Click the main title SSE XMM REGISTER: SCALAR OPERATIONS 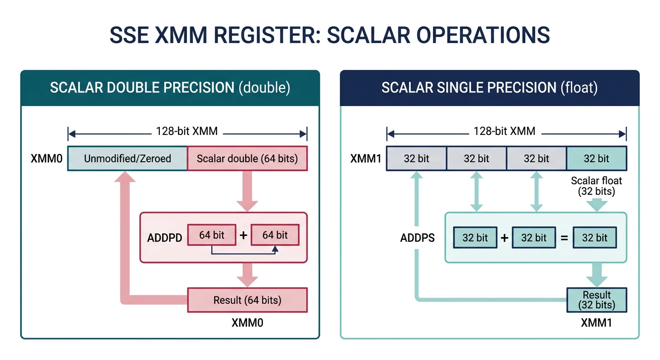pyautogui.click(x=330, y=36)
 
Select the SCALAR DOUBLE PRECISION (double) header pyautogui.click(x=170, y=88)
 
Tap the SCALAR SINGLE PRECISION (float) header pyautogui.click(x=489, y=88)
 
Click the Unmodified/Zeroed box pyautogui.click(x=127, y=158)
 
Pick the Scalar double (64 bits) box pyautogui.click(x=247, y=158)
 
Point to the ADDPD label pyautogui.click(x=165, y=238)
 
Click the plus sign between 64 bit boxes pyautogui.click(x=243, y=235)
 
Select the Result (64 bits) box pyautogui.click(x=247, y=300)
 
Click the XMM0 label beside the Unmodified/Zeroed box pyautogui.click(x=46, y=158)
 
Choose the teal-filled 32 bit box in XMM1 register pyautogui.click(x=596, y=158)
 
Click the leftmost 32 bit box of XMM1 pyautogui.click(x=416, y=158)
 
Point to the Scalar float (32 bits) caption pyautogui.click(x=596, y=186)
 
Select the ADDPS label pyautogui.click(x=417, y=238)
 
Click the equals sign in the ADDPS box pyautogui.click(x=564, y=238)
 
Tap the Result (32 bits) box pyautogui.click(x=596, y=300)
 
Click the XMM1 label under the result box pyautogui.click(x=596, y=323)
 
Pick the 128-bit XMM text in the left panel pyautogui.click(x=187, y=131)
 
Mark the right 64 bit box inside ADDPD pyautogui.click(x=275, y=235)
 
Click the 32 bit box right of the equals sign pyautogui.click(x=594, y=238)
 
